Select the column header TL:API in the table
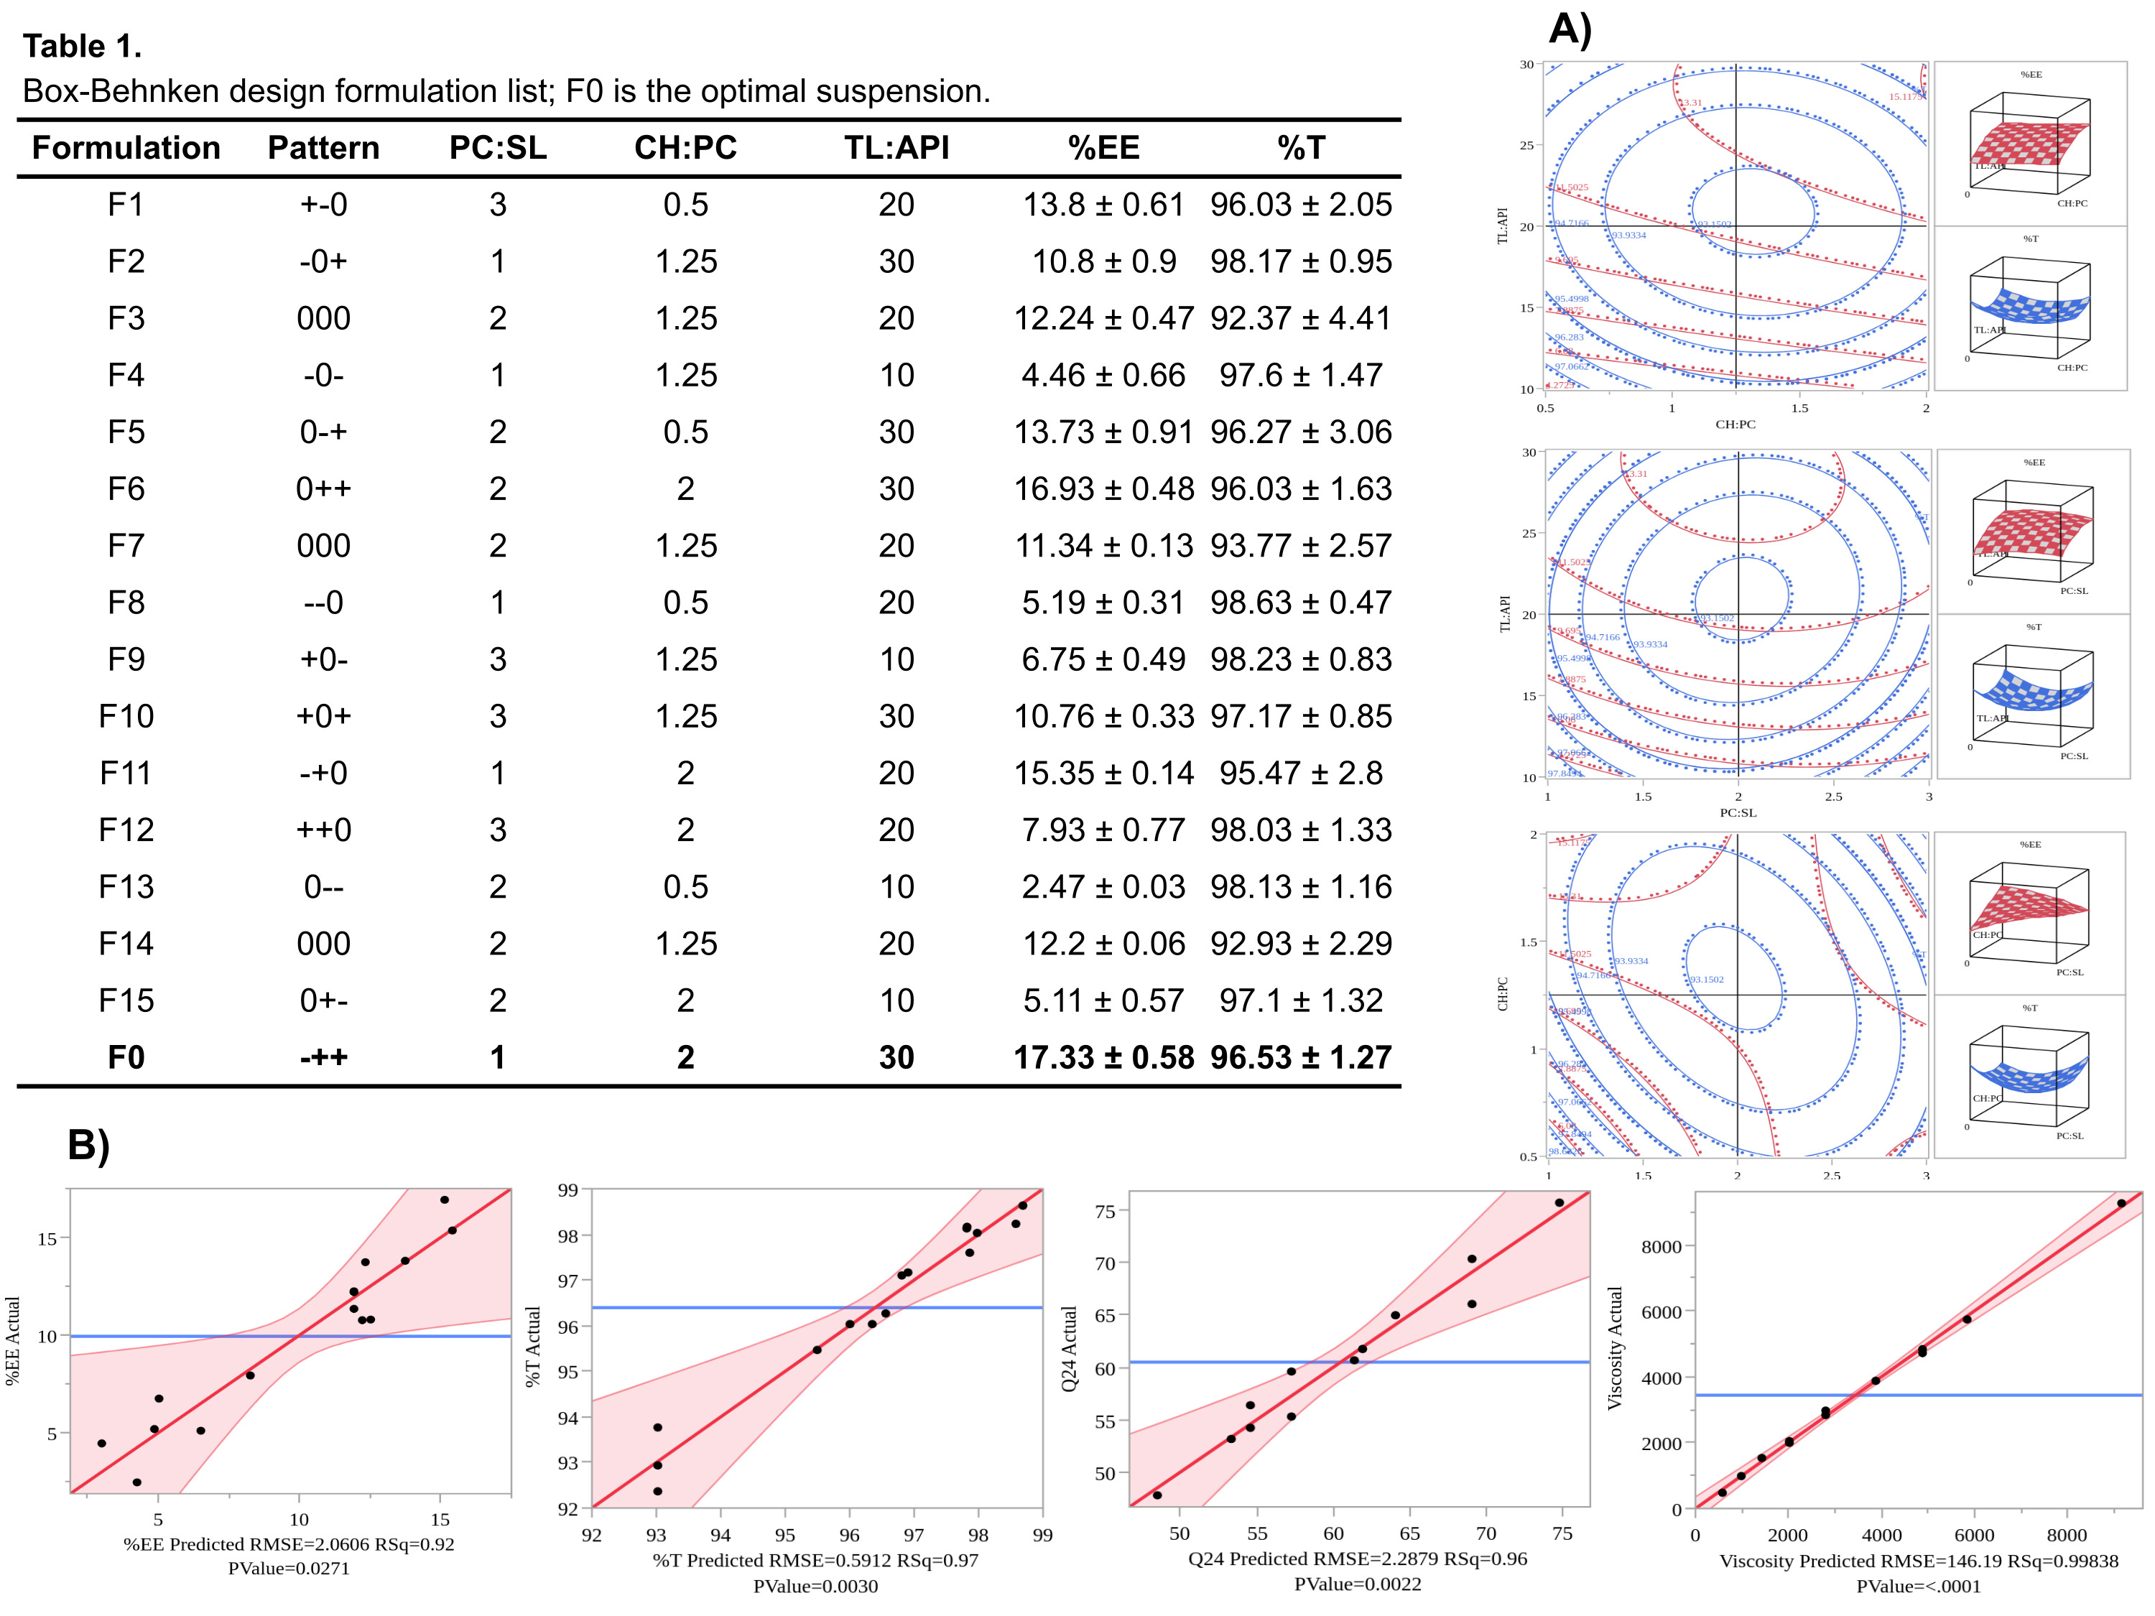click(896, 148)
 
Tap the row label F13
click(126, 888)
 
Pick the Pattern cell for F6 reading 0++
click(323, 489)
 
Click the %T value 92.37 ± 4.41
click(1301, 318)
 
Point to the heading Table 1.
click(83, 46)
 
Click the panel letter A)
click(1570, 29)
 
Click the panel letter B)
click(88, 1145)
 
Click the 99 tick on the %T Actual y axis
click(568, 1190)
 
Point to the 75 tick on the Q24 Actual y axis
click(1105, 1212)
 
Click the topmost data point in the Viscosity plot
click(2121, 1204)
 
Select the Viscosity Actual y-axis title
click(1614, 1348)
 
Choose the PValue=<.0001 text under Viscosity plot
click(1917, 1587)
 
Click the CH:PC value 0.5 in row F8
click(686, 603)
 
